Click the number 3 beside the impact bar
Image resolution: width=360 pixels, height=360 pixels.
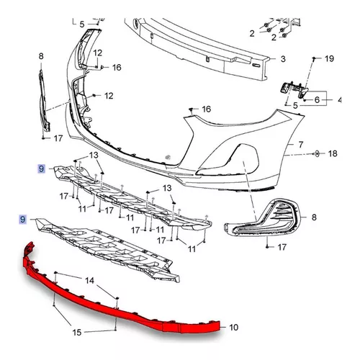click(283, 59)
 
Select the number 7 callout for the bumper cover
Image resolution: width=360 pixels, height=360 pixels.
click(301, 145)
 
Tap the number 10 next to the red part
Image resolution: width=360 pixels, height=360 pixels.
click(233, 328)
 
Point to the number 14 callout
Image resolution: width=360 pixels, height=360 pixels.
click(89, 280)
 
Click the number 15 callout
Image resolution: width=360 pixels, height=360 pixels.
click(77, 333)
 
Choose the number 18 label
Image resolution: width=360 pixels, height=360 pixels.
click(333, 153)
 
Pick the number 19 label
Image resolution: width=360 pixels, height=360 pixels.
click(329, 58)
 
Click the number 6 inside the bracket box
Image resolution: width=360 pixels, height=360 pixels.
click(317, 100)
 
